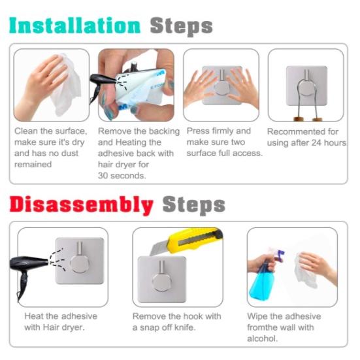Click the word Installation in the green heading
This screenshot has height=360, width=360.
[74, 25]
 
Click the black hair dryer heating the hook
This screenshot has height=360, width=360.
[29, 265]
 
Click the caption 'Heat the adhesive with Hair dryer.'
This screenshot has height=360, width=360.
[56, 321]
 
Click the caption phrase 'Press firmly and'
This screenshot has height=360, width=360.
[218, 131]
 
